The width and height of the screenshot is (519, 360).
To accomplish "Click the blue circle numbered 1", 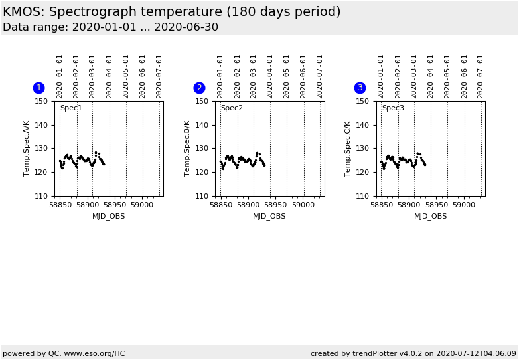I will (x=38, y=88).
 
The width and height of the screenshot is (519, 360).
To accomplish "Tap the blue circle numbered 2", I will (x=199, y=88).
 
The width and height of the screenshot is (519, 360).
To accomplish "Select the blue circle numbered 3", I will (x=360, y=88).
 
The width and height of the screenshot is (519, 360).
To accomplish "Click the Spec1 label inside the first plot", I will (x=71, y=108).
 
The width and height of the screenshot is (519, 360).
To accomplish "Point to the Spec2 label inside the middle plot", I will (x=232, y=108).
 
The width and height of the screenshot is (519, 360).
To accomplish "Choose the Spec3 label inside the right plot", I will (x=392, y=108).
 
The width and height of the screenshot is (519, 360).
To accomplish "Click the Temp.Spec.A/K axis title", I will (x=27, y=148).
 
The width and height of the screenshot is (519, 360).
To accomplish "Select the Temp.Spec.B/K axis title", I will (x=188, y=148).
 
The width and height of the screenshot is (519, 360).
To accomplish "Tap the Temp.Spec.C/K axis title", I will (x=348, y=148).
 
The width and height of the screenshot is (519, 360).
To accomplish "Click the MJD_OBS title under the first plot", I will (x=108, y=217).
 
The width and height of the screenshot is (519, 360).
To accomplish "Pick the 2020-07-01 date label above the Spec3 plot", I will (x=481, y=76).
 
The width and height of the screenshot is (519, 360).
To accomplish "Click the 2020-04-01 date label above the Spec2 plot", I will (x=270, y=76).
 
